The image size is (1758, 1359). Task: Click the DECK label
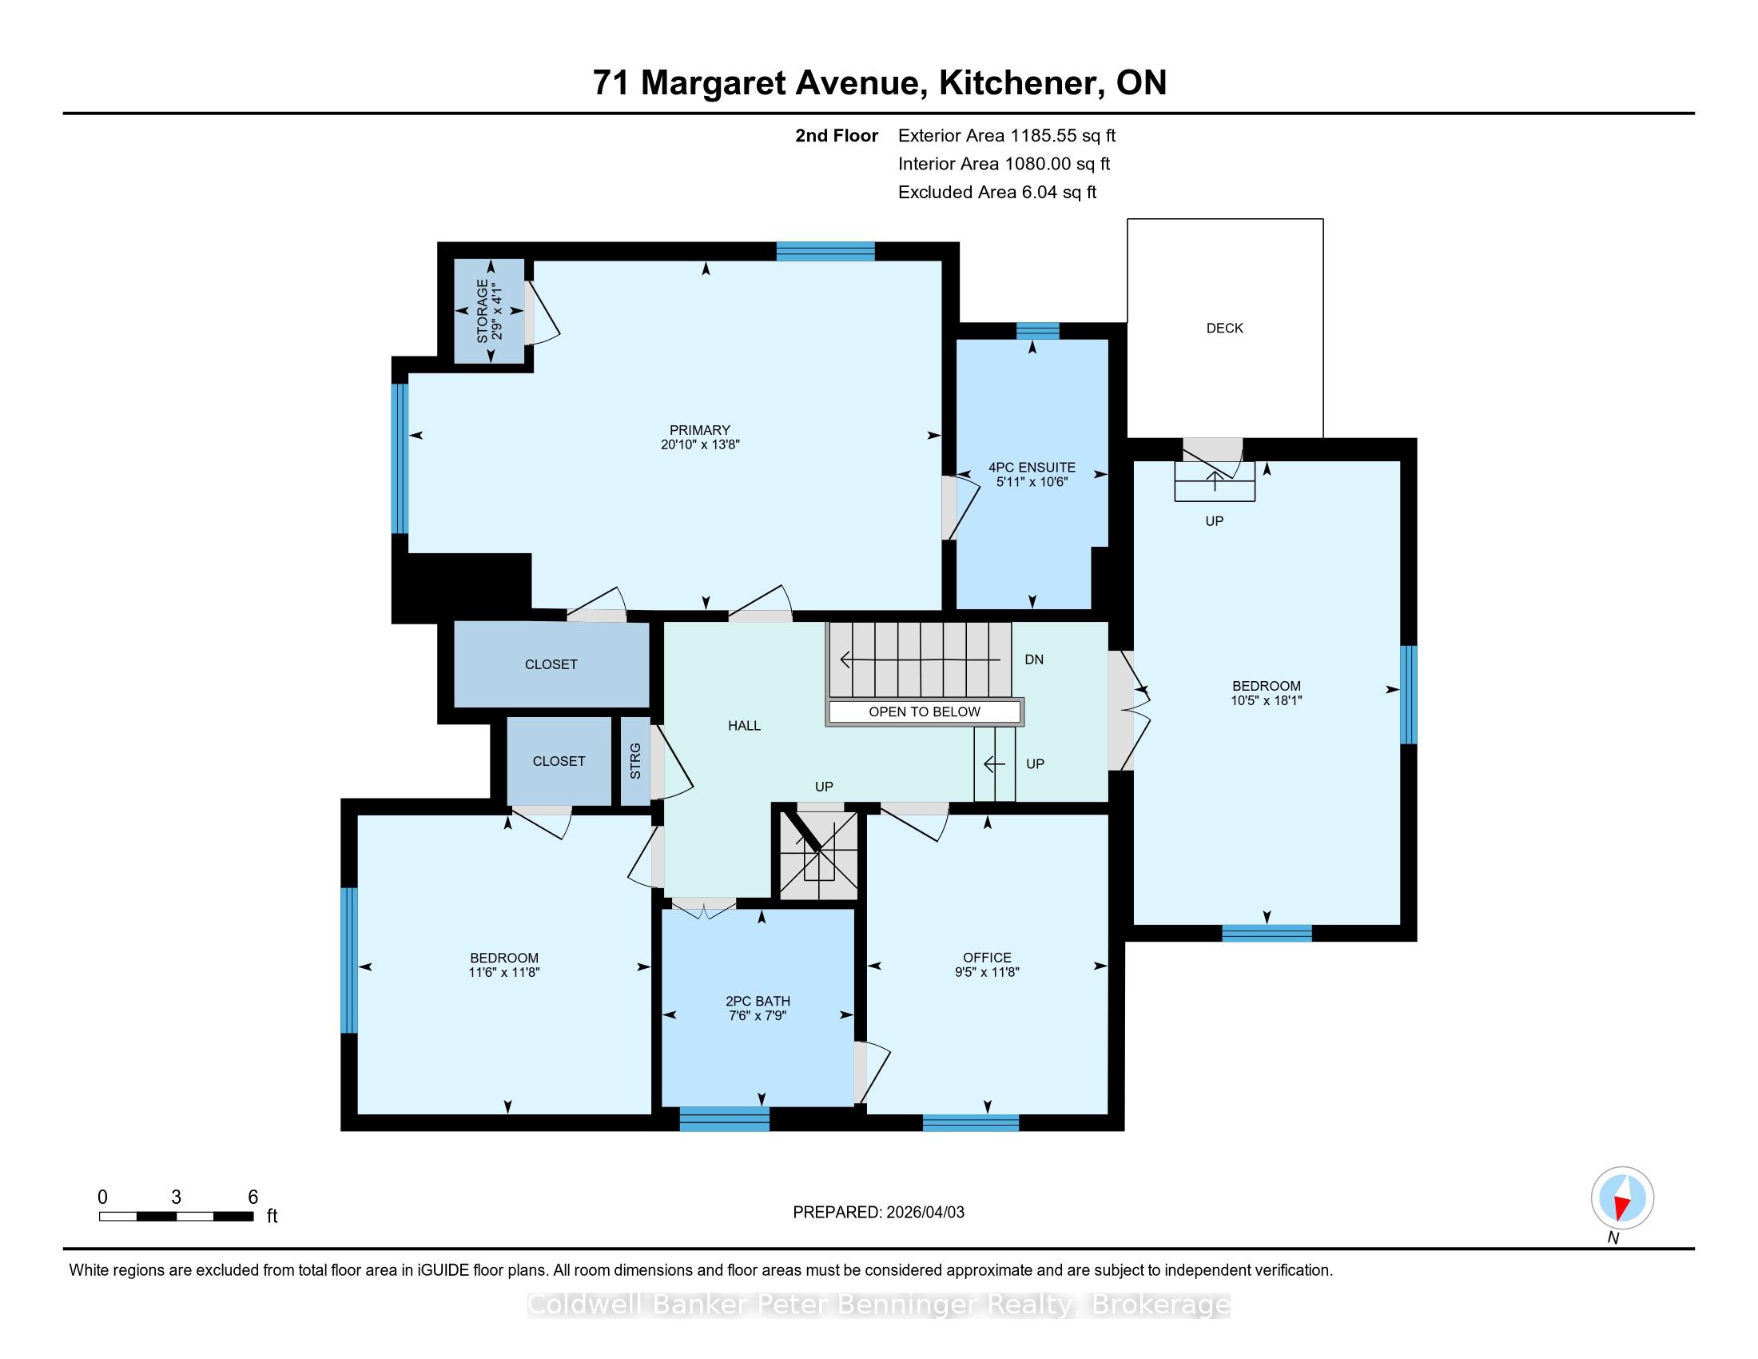pyautogui.click(x=1224, y=329)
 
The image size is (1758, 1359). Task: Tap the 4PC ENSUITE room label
pyautogui.click(x=1032, y=468)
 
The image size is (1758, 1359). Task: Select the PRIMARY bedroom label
pyautogui.click(x=699, y=430)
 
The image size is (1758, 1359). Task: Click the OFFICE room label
pyautogui.click(x=987, y=958)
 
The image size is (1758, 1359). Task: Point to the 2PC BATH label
pyautogui.click(x=758, y=1002)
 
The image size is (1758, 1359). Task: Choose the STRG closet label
pyautogui.click(x=635, y=761)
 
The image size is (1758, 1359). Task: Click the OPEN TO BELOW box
pyautogui.click(x=924, y=711)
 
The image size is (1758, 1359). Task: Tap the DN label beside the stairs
pyautogui.click(x=1033, y=660)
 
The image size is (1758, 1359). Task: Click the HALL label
pyautogui.click(x=744, y=725)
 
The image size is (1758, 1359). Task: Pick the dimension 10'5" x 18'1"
pyautogui.click(x=1267, y=700)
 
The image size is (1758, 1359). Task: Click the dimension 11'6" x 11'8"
pyautogui.click(x=504, y=972)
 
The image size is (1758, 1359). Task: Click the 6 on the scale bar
pyautogui.click(x=253, y=1198)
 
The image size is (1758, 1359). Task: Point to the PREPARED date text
pyautogui.click(x=878, y=1212)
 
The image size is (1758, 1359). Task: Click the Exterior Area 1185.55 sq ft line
pyautogui.click(x=1007, y=136)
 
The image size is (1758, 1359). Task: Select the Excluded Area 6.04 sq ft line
pyautogui.click(x=997, y=193)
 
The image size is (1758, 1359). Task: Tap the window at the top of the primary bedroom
pyautogui.click(x=825, y=251)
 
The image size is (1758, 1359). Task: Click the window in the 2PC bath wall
pyautogui.click(x=725, y=1118)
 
